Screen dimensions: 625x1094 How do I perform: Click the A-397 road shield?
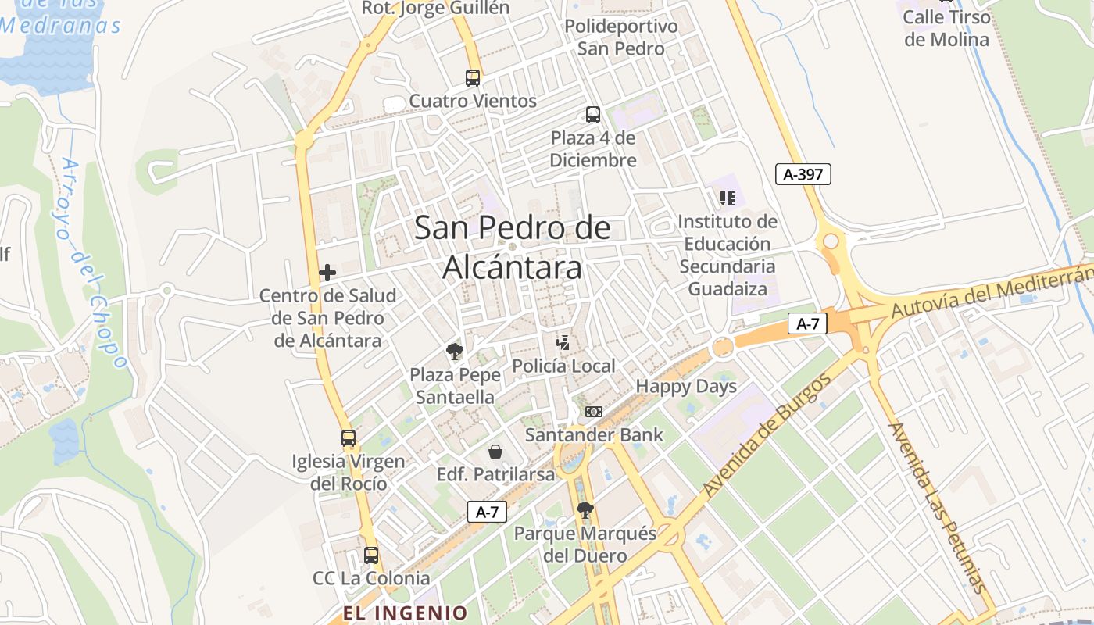click(803, 174)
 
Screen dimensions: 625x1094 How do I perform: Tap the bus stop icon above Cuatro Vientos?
click(473, 78)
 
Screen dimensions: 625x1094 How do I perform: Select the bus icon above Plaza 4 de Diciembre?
click(593, 115)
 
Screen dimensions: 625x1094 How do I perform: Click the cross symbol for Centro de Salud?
click(327, 273)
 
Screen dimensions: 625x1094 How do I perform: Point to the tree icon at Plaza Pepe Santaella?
click(454, 351)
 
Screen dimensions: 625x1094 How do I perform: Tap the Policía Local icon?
click(563, 342)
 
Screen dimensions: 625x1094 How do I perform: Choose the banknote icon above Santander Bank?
click(594, 412)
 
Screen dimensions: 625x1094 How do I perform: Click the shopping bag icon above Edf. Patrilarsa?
click(495, 452)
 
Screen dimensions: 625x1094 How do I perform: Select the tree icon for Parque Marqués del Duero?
click(585, 510)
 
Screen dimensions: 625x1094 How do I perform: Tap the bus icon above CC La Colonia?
click(371, 555)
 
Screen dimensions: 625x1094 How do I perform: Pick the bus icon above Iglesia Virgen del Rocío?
click(349, 438)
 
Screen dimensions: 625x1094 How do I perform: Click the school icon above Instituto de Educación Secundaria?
click(728, 198)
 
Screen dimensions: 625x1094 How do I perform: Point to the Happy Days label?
click(686, 386)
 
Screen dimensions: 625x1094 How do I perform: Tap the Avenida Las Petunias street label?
click(938, 508)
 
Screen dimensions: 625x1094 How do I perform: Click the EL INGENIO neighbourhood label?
click(405, 612)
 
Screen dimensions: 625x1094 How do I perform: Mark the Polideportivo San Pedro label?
click(621, 37)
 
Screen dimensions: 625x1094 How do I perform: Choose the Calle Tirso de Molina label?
click(946, 28)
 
